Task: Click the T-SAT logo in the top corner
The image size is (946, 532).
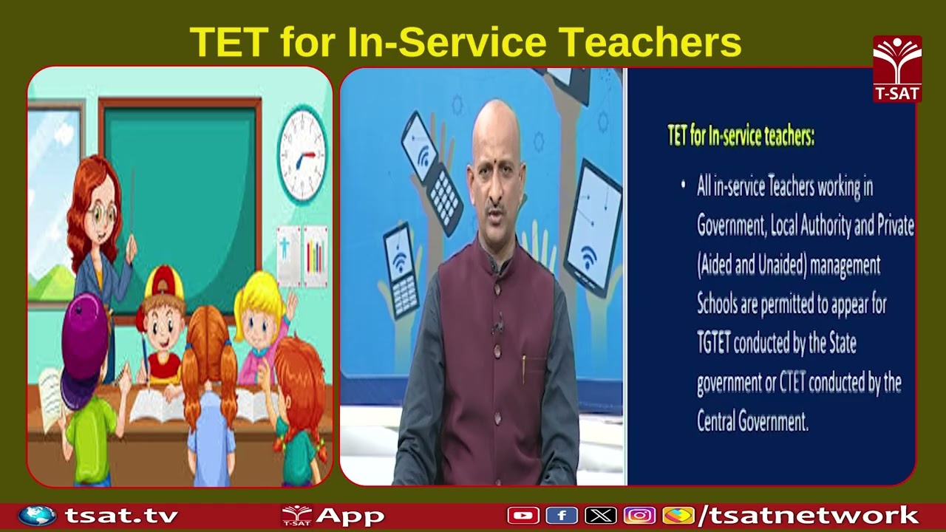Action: pos(897,68)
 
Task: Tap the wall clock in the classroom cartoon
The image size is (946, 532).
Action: pos(302,155)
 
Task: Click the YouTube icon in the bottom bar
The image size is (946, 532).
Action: pos(523,515)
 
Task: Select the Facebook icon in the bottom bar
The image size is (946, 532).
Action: pos(562,515)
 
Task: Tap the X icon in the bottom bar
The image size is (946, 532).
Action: pos(600,515)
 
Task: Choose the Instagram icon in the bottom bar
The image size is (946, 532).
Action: pos(639,515)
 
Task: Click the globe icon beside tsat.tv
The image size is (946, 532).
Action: pos(37,515)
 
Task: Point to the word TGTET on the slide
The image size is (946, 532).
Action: pos(714,344)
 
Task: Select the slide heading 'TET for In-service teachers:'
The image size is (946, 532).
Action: pos(741,137)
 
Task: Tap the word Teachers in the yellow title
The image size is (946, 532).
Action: pos(650,42)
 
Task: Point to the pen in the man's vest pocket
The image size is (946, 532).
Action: pos(524,367)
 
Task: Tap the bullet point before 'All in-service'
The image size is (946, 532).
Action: pos(683,185)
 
